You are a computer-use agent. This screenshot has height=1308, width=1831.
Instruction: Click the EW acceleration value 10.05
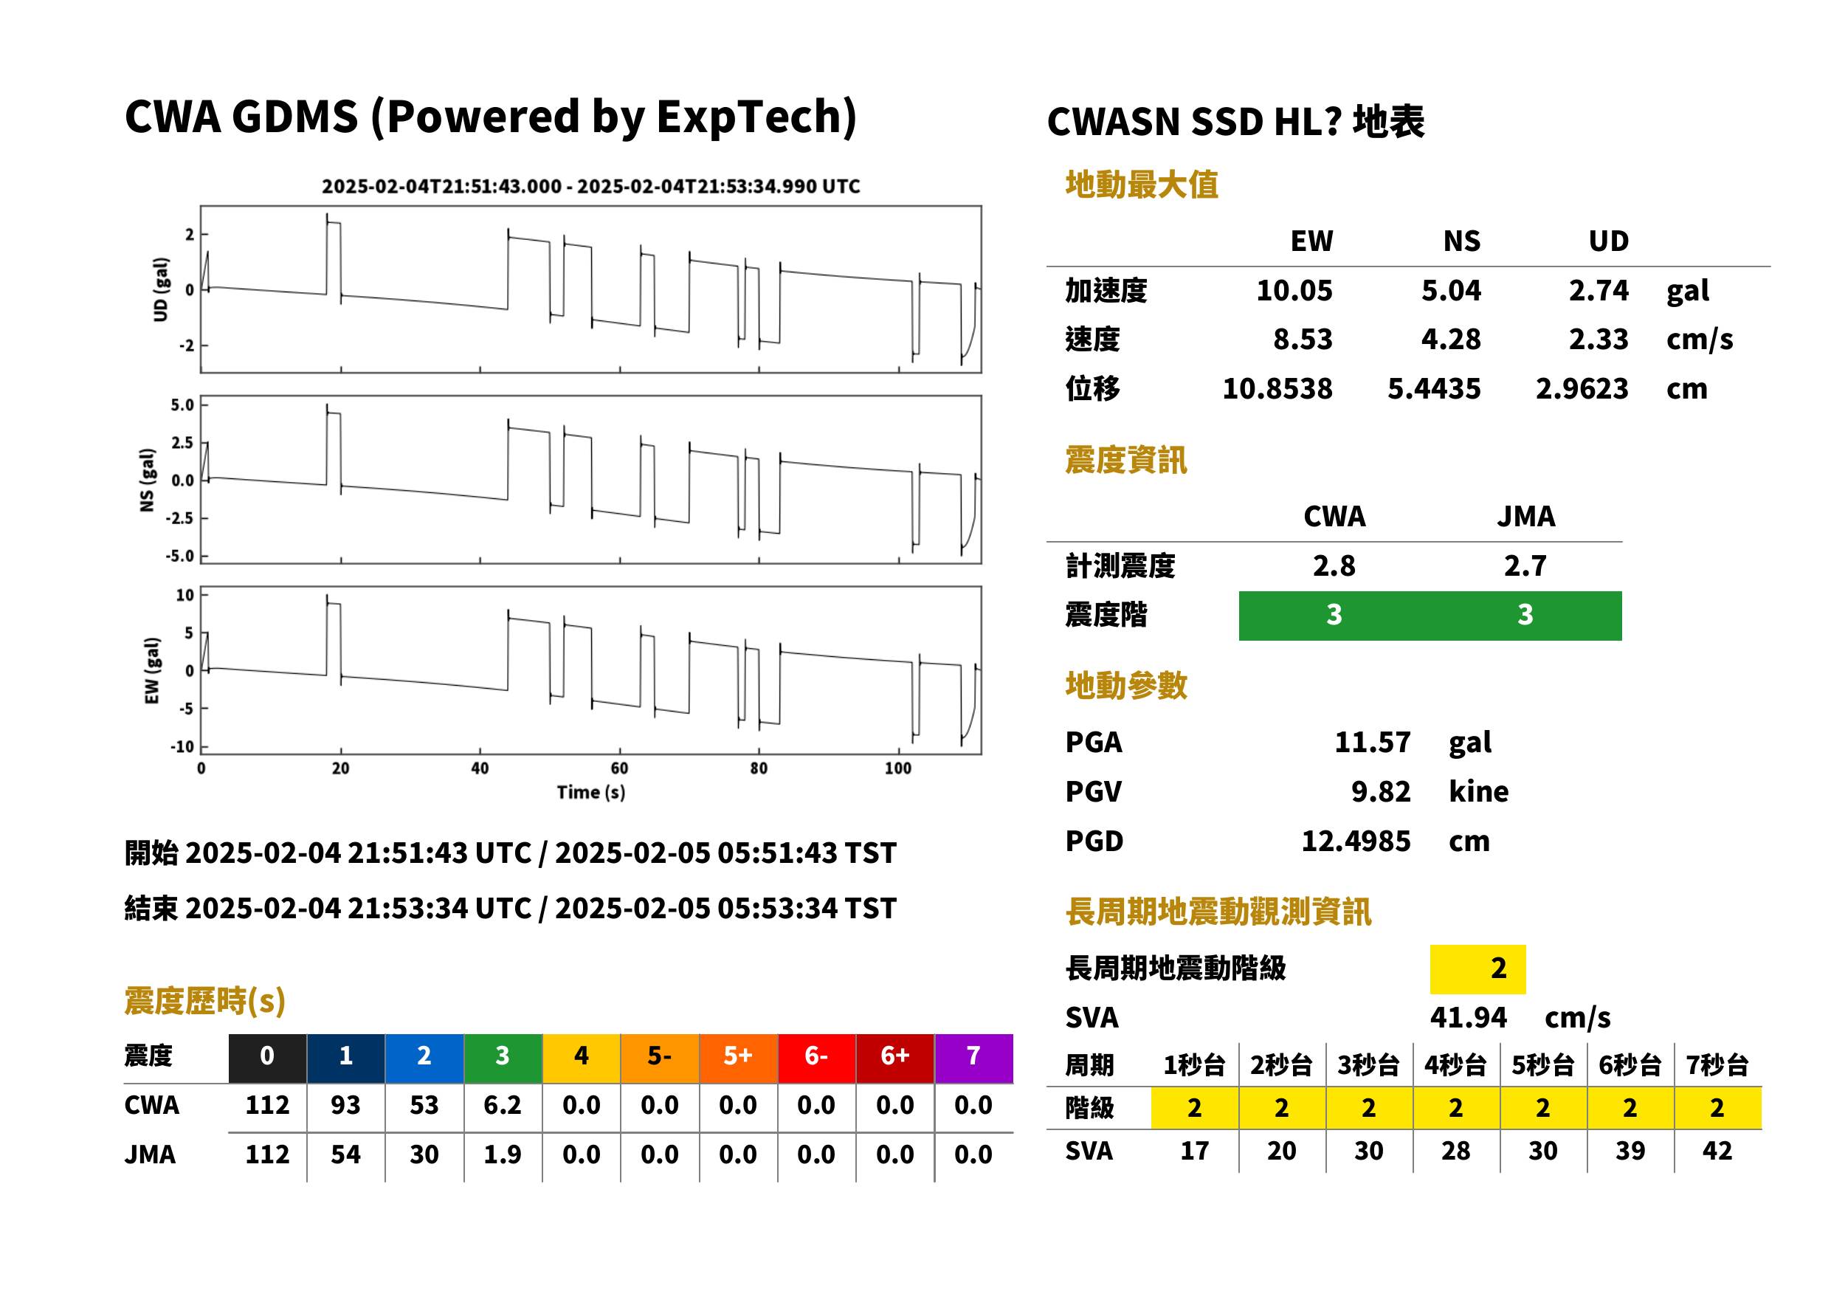1293,290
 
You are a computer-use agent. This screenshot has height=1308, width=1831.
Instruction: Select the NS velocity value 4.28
1449,339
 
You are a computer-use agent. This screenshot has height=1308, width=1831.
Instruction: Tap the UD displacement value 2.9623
1581,388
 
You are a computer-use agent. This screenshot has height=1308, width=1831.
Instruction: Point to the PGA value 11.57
1371,741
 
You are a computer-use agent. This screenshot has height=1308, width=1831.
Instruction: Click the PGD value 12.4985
1355,841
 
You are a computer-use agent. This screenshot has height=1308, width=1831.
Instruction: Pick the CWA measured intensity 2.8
1334,565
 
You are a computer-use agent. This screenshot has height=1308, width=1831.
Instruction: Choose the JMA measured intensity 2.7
1524,565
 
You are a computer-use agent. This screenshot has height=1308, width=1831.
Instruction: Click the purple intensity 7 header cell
973,1056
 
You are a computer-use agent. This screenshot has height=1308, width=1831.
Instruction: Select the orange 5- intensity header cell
658,1056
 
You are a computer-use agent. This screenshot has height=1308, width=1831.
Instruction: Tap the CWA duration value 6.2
502,1104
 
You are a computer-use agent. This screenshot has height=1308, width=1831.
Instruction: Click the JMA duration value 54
345,1154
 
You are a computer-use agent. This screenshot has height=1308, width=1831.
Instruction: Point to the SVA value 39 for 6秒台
1629,1150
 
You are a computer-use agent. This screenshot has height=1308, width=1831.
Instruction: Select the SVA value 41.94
1467,1017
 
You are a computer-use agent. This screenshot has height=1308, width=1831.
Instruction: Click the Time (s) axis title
590,793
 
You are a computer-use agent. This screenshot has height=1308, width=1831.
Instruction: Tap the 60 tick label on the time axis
618,768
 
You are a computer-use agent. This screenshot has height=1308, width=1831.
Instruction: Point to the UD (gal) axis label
161,289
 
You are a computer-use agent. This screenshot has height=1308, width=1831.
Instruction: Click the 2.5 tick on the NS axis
182,442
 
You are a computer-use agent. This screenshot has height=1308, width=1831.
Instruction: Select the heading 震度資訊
1125,460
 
